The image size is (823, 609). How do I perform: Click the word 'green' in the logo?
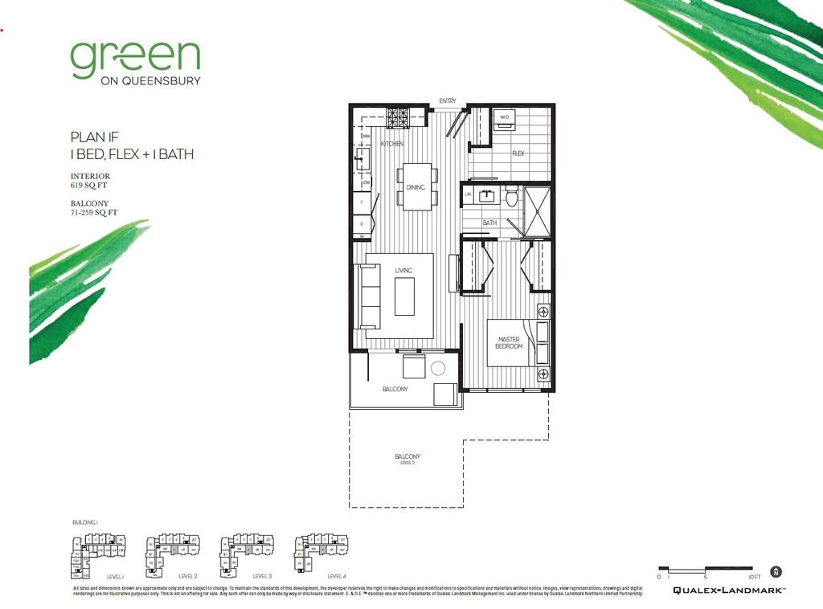(x=135, y=59)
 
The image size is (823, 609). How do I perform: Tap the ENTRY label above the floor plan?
(x=448, y=100)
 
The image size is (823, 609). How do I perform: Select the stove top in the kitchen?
(x=399, y=117)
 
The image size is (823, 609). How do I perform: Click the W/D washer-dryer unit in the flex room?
(x=506, y=117)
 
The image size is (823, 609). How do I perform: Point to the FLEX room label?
(x=518, y=153)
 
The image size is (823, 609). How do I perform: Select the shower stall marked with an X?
(x=538, y=210)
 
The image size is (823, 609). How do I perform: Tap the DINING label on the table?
(x=416, y=187)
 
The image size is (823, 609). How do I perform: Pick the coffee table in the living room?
(x=403, y=296)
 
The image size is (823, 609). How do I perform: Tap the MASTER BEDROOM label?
(x=510, y=342)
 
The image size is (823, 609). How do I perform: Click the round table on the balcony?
(x=438, y=369)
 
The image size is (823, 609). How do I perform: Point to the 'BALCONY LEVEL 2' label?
(x=407, y=458)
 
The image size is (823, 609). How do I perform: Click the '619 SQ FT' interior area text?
(x=88, y=185)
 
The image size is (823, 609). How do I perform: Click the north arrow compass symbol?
(x=776, y=572)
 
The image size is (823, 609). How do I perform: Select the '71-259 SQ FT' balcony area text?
(x=94, y=213)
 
